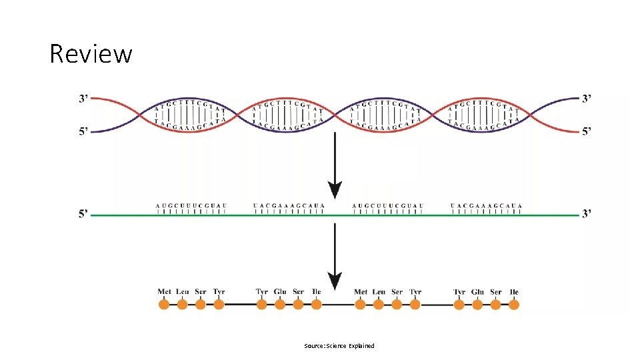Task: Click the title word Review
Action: pos(91,53)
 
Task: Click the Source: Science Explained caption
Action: pos(339,346)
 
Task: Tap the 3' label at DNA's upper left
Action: pos(84,99)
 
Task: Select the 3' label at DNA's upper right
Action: pos(586,99)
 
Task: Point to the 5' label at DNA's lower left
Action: pos(84,131)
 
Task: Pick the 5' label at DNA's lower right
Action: pos(586,131)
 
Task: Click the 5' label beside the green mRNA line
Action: pos(84,214)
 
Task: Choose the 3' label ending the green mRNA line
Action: pos(586,214)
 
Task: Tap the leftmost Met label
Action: pos(165,292)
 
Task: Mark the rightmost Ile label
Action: pos(514,292)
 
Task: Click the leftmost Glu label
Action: pos(280,292)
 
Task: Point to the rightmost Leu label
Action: pos(379,292)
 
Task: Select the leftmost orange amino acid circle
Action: pos(164,305)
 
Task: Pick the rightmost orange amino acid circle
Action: pos(514,305)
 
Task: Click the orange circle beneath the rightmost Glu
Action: pos(477,305)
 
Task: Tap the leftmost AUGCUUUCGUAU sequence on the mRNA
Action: pos(191,205)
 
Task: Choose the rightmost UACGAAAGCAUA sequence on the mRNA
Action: pos(486,205)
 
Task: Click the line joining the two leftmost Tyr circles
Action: pos(240,305)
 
